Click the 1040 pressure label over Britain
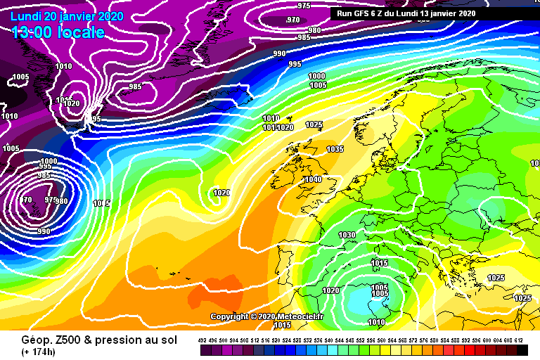point(313,179)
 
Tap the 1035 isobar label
point(335,149)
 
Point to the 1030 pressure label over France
point(347,235)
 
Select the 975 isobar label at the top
point(304,6)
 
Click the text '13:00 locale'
point(58,32)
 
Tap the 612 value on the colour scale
point(519,340)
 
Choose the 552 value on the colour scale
point(361,340)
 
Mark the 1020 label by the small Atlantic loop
point(221,193)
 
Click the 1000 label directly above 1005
point(317,76)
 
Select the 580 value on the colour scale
point(435,340)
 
